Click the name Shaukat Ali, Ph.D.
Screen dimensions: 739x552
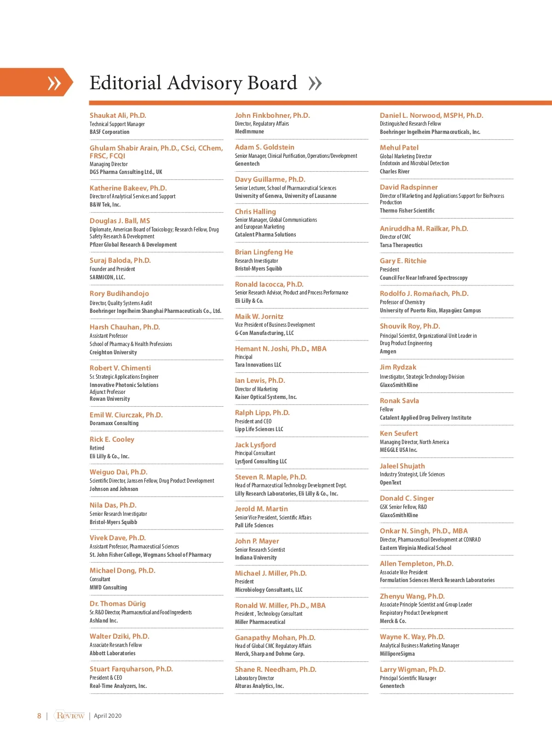(118, 115)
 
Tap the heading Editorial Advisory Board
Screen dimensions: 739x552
(193, 83)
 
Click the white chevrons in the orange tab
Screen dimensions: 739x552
(54, 83)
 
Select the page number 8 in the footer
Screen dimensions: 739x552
(39, 716)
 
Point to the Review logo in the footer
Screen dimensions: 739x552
(70, 716)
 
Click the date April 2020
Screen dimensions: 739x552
(108, 716)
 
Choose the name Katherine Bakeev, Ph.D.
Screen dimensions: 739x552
(128, 188)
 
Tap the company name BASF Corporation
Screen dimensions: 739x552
(109, 132)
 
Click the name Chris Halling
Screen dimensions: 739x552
(255, 212)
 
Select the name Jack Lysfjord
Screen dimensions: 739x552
(255, 445)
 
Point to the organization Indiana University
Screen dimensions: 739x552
(256, 558)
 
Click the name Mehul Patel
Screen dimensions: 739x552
(399, 148)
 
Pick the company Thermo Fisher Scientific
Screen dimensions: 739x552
(407, 211)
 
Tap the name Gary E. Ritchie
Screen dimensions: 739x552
(403, 261)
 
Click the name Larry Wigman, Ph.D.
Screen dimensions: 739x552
(413, 670)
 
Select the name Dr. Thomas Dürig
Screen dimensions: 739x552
(117, 604)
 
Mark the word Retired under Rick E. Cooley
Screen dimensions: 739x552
(97, 448)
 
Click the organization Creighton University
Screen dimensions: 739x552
(113, 352)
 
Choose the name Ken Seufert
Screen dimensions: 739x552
(399, 433)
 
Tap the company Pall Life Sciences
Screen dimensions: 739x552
(254, 525)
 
